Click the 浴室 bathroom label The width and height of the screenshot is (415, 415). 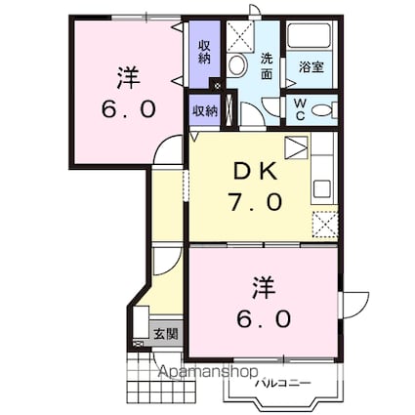[311, 67]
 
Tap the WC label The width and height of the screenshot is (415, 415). [300, 109]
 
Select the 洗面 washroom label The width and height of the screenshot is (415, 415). [267, 66]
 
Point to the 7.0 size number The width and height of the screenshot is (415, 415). [255, 202]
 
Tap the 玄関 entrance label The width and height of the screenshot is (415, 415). [166, 334]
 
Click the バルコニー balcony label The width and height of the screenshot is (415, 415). [283, 383]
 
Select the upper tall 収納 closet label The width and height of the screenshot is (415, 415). [204, 53]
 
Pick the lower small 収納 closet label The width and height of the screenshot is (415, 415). [205, 111]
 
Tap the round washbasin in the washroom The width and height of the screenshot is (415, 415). [236, 65]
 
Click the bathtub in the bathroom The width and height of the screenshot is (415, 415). [310, 35]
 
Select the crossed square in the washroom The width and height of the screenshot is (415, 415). [240, 36]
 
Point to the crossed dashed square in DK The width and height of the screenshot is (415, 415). [325, 225]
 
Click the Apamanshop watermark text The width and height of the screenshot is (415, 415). [208, 371]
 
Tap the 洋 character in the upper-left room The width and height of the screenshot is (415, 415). [129, 78]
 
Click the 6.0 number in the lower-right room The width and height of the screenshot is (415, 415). [264, 319]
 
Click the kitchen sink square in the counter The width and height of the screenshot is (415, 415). [321, 189]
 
